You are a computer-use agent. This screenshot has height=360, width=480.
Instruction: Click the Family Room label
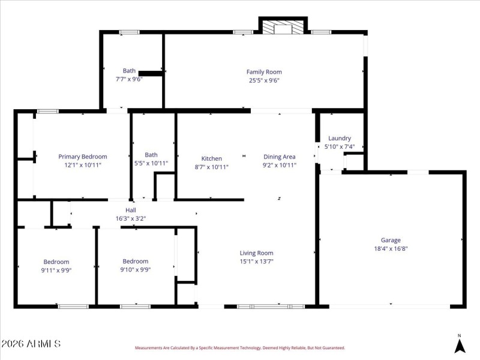point(264,72)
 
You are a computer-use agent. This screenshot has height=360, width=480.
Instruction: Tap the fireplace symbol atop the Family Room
point(283,28)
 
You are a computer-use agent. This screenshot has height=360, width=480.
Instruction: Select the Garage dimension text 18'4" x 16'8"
point(391,248)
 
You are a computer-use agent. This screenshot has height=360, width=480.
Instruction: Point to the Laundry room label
point(340,138)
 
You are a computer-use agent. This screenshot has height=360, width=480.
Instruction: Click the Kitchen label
point(211,158)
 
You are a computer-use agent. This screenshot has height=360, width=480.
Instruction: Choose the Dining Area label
point(280,157)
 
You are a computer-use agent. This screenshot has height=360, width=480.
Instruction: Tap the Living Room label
point(256,253)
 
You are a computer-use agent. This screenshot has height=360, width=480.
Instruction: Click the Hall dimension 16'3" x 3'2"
point(130,218)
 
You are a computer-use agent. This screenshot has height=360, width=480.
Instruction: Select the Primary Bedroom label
point(82,157)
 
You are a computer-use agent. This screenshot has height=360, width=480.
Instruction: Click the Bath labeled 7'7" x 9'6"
point(129,70)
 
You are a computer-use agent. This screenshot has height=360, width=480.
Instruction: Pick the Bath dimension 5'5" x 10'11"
point(151,163)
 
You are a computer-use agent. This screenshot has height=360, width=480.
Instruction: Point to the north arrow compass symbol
point(460,345)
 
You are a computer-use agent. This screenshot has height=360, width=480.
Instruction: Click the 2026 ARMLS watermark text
point(31,344)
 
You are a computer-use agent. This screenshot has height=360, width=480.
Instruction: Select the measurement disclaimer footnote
point(240,347)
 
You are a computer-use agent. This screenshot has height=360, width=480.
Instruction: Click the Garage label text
point(391,240)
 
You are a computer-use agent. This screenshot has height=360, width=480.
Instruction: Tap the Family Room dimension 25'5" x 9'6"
point(264,80)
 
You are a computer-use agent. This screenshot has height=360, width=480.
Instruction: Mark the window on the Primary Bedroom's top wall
point(47,111)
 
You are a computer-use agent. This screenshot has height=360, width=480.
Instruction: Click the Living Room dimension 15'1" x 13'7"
point(256,262)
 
